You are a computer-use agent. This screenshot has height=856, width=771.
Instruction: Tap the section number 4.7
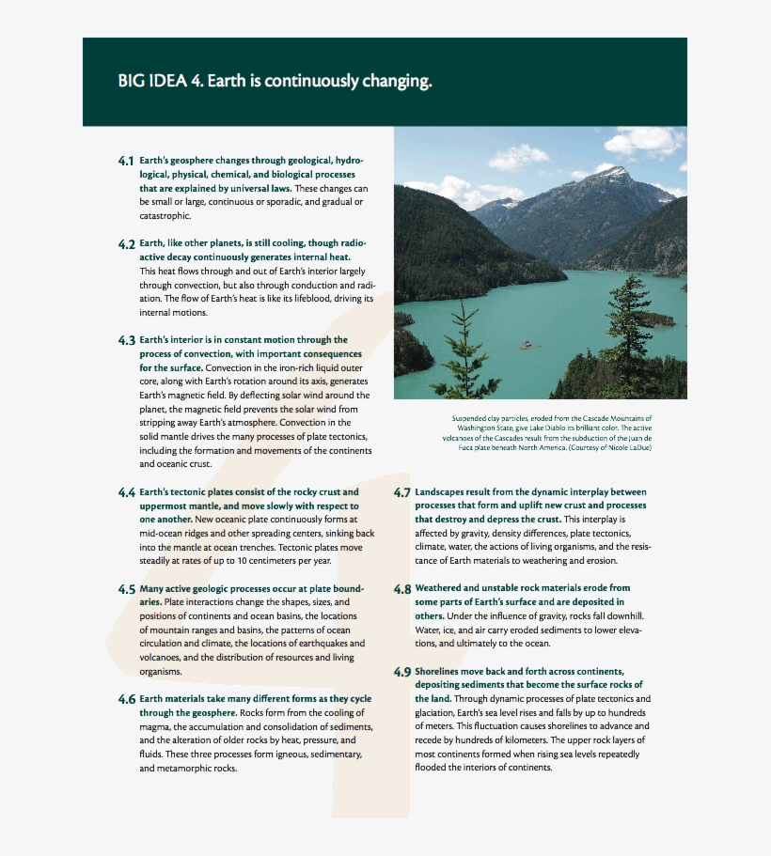tap(401, 492)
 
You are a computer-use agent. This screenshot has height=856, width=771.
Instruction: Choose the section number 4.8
tap(401, 589)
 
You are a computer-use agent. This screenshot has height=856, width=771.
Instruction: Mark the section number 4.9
tap(401, 672)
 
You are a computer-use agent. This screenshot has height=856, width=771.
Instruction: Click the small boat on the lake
tap(527, 345)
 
